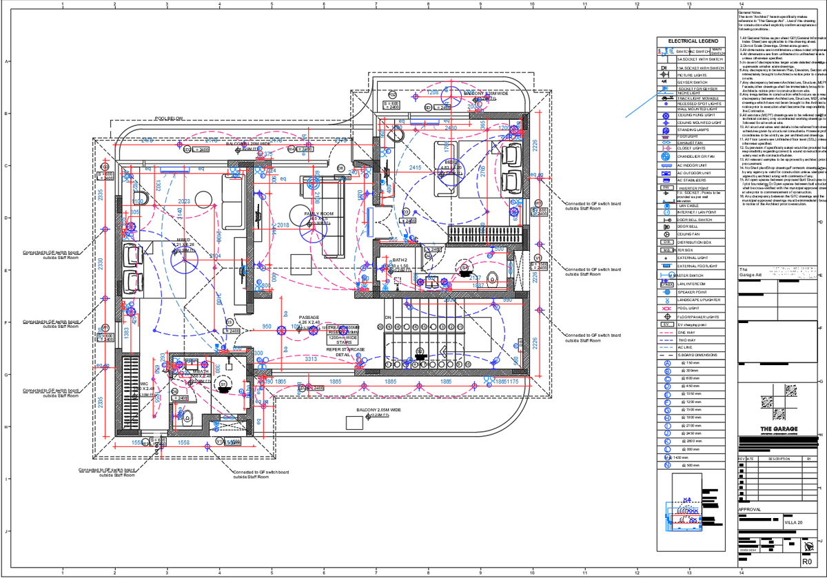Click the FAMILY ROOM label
(x=319, y=214)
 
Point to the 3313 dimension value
(x=311, y=359)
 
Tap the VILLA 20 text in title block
(x=794, y=524)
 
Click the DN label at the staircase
(x=388, y=318)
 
